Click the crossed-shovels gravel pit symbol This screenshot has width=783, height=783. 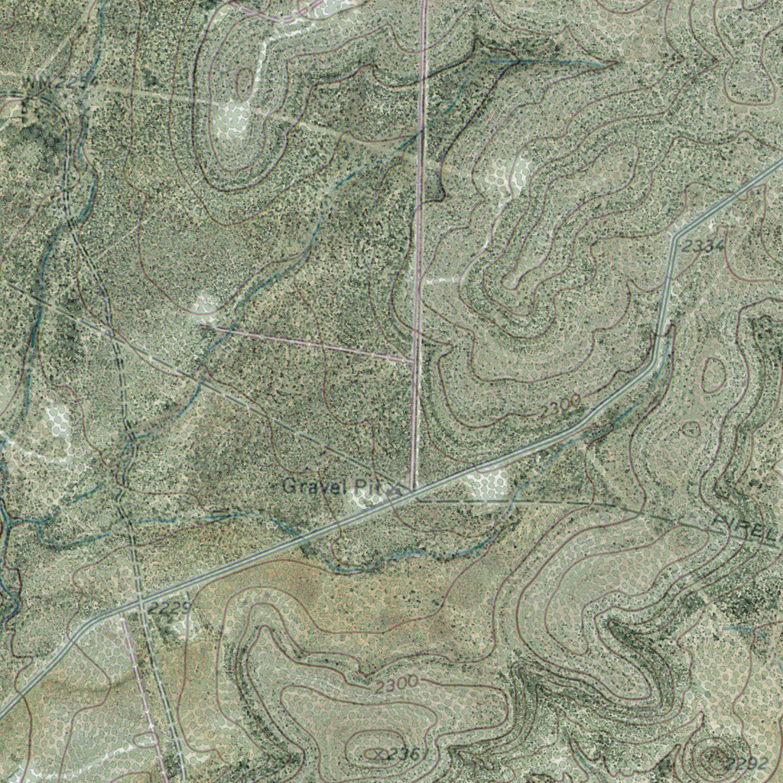pyautogui.click(x=394, y=487)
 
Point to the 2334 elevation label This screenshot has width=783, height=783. pyautogui.click(x=701, y=246)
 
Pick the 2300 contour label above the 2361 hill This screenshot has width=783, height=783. pyautogui.click(x=396, y=684)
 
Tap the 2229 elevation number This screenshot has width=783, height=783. pyautogui.click(x=168, y=609)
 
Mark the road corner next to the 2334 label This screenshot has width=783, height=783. pyautogui.click(x=674, y=238)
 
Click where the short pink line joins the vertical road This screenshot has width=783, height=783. pyautogui.click(x=414, y=359)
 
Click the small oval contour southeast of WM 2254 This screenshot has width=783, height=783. pyautogui.click(x=244, y=80)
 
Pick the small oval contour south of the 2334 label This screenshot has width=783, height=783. pyautogui.click(x=713, y=375)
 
